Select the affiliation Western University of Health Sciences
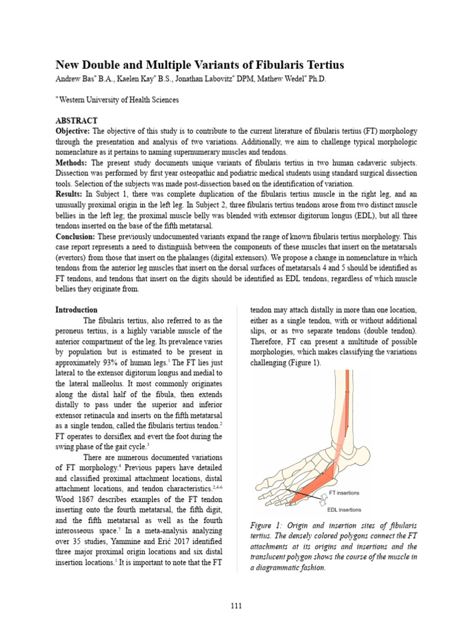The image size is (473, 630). pyautogui.click(x=119, y=100)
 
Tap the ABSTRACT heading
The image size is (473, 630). pyautogui.click(x=77, y=121)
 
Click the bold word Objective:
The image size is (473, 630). pyautogui.click(x=73, y=132)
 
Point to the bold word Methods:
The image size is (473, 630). pyautogui.click(x=72, y=163)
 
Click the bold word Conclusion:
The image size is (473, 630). pyautogui.click(x=76, y=236)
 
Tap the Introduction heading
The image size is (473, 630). pyautogui.click(x=76, y=309)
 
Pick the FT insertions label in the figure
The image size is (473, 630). pyautogui.click(x=344, y=493)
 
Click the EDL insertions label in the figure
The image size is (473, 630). pyautogui.click(x=344, y=509)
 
